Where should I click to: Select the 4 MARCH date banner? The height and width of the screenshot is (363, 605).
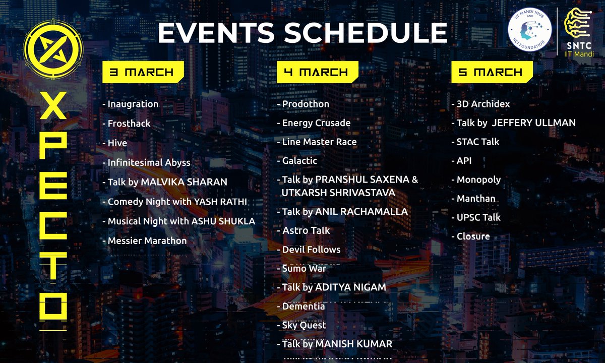316,72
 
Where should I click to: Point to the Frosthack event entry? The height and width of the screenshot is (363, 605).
129,124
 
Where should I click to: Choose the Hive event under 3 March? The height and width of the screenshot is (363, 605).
117,143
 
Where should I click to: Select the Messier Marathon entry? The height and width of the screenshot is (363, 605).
147,240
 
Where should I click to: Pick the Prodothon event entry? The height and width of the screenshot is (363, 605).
306,104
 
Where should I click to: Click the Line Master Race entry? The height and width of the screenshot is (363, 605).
319,142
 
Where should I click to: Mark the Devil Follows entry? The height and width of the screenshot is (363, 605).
311,250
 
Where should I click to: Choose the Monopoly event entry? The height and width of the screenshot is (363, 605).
478,179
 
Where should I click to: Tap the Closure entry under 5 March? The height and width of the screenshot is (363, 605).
473,236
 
